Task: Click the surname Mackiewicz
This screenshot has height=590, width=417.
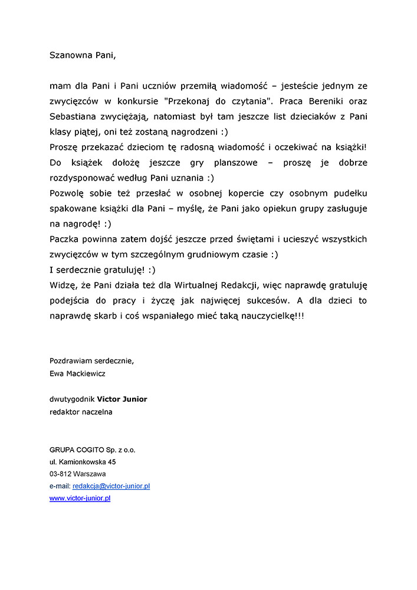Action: [86, 373]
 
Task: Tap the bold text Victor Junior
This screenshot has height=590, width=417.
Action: [122, 399]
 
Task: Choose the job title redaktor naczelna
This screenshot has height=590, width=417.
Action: [81, 412]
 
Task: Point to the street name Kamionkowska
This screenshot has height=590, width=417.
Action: [81, 462]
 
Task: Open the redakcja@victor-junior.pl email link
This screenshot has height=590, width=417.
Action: [111, 486]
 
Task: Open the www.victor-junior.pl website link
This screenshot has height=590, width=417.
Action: [80, 498]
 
